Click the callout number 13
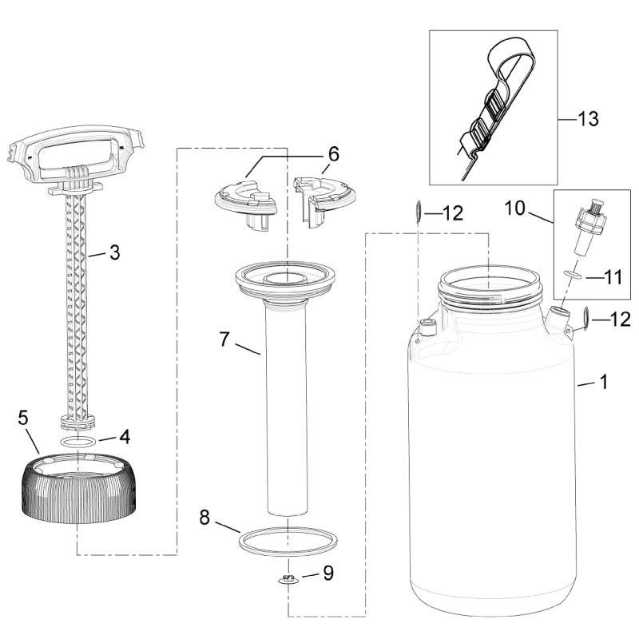click(x=587, y=118)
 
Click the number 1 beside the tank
click(x=604, y=383)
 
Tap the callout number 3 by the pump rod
click(x=114, y=254)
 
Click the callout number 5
click(x=23, y=417)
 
